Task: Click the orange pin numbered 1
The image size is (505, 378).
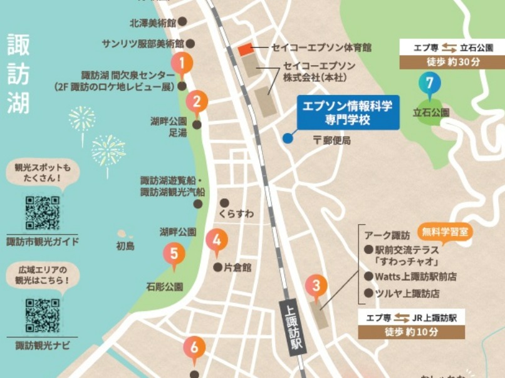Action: [182, 63]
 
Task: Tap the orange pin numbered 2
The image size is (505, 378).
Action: [197, 101]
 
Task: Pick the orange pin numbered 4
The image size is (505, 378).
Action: [217, 240]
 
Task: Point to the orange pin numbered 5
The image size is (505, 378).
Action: [174, 254]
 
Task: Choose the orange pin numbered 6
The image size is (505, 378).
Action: [194, 347]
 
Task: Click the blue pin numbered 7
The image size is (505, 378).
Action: [429, 83]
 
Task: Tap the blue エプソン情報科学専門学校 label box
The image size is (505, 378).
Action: [348, 113]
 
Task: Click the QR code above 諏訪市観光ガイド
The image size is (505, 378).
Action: [43, 213]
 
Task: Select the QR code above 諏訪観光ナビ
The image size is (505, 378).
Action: [43, 316]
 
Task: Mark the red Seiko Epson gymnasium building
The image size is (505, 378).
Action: [245, 49]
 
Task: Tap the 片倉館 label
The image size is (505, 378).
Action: [237, 267]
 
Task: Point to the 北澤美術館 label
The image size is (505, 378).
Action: [153, 22]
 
